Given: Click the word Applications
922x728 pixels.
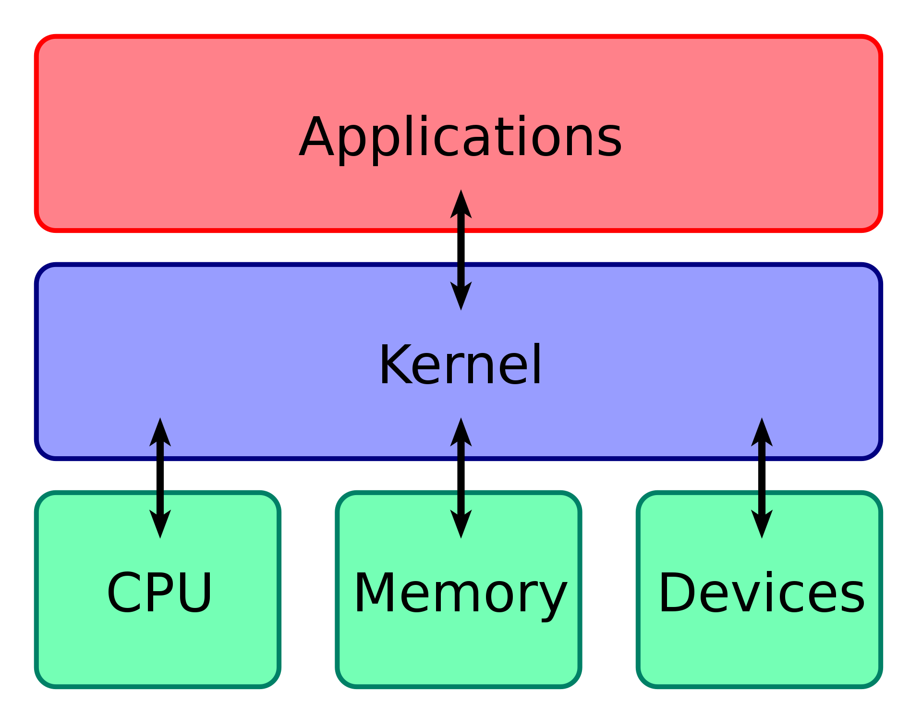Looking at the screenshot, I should pyautogui.click(x=460, y=138).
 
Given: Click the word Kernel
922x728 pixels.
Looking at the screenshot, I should pyautogui.click(x=460, y=365).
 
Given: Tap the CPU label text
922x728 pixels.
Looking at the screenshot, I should pyautogui.click(x=159, y=593).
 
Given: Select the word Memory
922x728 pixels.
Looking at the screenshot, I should pyautogui.click(x=460, y=594).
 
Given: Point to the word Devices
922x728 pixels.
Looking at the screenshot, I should pyautogui.click(x=761, y=593).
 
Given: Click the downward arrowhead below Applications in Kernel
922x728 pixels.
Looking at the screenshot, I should pyautogui.click(x=461, y=295).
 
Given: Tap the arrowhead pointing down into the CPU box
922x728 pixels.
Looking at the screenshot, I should pyautogui.click(x=160, y=523).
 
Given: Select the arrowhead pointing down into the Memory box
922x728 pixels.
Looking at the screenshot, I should pyautogui.click(x=461, y=523).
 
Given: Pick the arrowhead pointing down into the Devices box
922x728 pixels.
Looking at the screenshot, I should pyautogui.click(x=762, y=523).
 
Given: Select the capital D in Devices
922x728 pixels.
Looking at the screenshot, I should pyautogui.click(x=676, y=593).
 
